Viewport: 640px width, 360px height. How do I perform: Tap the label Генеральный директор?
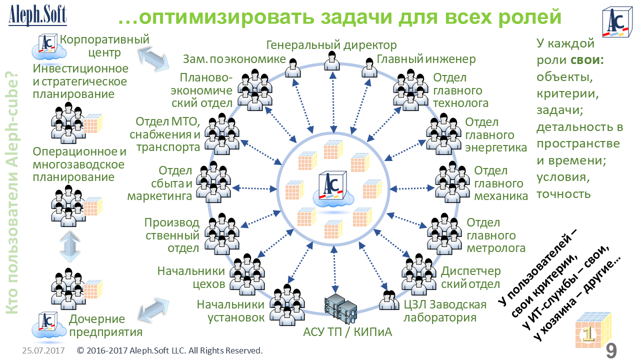click(x=331, y=45)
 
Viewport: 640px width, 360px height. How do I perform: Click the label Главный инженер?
click(x=425, y=59)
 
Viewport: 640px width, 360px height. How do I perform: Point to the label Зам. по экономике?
click(x=234, y=59)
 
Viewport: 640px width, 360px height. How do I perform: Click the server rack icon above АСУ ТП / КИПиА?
click(x=340, y=307)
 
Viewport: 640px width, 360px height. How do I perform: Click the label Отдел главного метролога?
click(x=495, y=235)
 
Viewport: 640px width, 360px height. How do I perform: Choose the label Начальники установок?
click(x=230, y=310)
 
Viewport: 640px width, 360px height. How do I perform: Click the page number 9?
click(x=611, y=350)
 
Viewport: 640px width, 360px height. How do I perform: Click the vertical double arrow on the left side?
click(x=70, y=246)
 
